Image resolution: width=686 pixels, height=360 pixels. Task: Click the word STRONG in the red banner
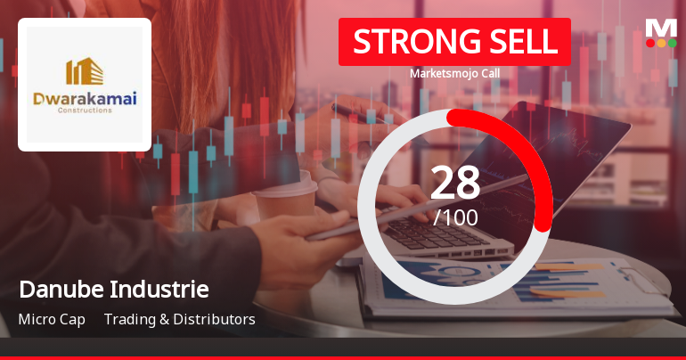coord(407,42)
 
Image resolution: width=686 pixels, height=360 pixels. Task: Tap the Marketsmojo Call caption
coord(454,74)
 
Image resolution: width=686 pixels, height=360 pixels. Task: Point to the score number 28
coord(455,183)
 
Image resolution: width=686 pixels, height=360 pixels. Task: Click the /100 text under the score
coord(455,217)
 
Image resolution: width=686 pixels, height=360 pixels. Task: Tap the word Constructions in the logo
coord(85,111)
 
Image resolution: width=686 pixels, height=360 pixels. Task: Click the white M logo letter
coord(661,28)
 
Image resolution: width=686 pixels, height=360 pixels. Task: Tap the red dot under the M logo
coord(650,43)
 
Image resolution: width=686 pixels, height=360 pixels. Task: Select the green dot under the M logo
coord(672,43)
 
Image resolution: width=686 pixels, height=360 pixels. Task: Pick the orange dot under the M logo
coord(661,43)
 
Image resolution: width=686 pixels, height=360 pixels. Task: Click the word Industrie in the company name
coord(160,290)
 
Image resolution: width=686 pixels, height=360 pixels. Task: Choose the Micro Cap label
coord(52,319)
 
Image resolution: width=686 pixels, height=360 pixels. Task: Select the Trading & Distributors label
coord(179,319)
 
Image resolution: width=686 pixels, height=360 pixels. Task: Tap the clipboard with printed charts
coord(535,285)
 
